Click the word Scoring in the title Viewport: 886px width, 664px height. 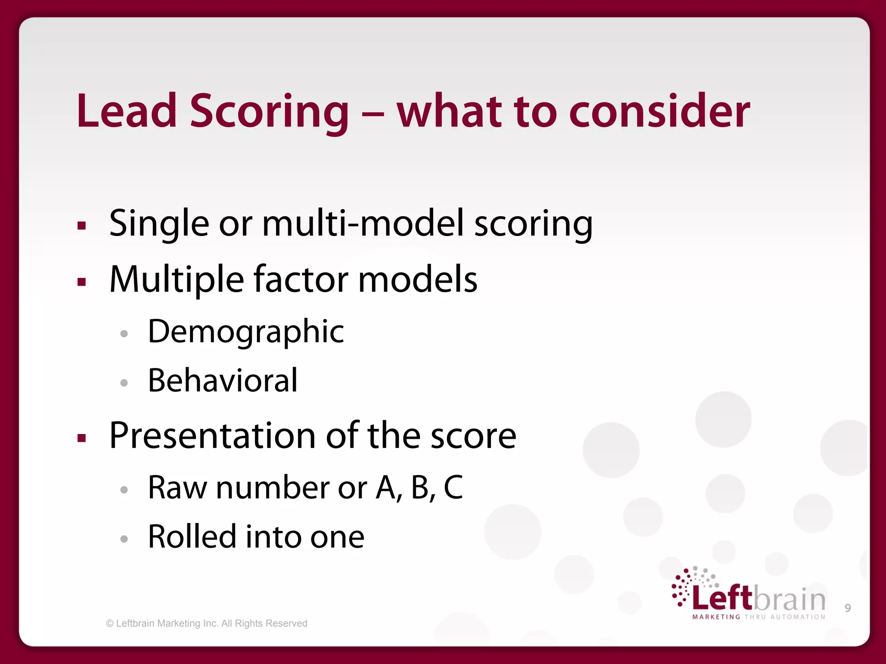coord(269,112)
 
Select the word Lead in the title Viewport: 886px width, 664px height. coord(126,112)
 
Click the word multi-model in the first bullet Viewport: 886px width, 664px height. coord(363,223)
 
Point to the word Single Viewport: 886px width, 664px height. coord(159,223)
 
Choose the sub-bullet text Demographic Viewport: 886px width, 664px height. coord(246,332)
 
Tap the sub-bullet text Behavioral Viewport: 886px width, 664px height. coord(222,381)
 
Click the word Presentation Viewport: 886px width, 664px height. coord(212,436)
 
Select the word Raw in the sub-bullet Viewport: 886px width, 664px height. coord(177,488)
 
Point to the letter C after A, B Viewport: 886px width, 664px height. coord(453,488)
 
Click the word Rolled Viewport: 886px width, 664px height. coord(192,537)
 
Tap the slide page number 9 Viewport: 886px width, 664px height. coord(847,608)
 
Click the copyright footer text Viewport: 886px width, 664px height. coord(207,623)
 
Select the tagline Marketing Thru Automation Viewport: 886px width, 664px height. coord(759,617)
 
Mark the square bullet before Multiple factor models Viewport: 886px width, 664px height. coord(82,282)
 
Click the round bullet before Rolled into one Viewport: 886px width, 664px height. coord(124,539)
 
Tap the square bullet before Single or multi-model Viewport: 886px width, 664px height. coord(82,225)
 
